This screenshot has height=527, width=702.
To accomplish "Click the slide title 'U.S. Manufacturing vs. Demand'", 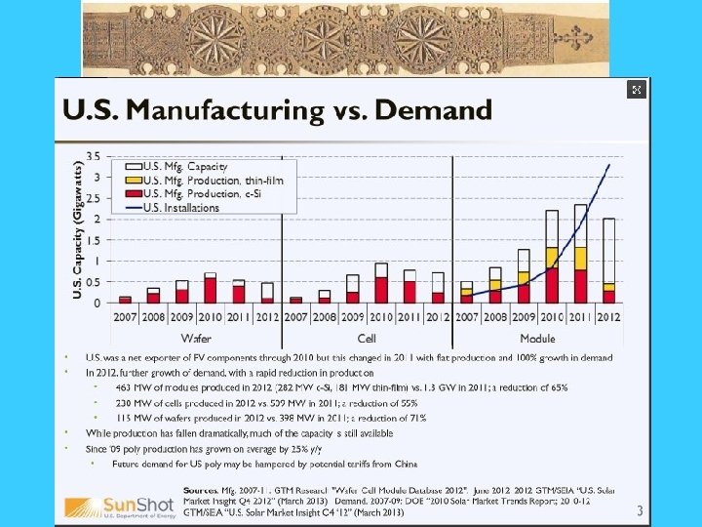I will pyautogui.click(x=278, y=110).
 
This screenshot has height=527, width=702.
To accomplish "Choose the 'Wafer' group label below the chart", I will pyautogui.click(x=199, y=337).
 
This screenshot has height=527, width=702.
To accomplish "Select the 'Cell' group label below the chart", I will pyautogui.click(x=368, y=337).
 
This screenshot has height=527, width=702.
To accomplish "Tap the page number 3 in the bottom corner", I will pyautogui.click(x=640, y=509).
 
